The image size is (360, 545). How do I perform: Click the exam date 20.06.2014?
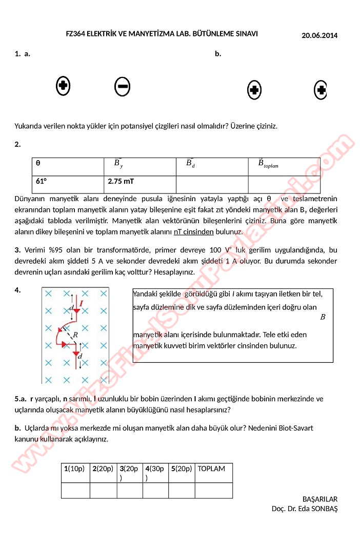[x=319, y=35]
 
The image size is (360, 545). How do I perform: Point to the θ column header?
[x=38, y=163]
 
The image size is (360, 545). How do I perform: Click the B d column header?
[x=190, y=164]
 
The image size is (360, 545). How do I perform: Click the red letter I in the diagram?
[x=81, y=304]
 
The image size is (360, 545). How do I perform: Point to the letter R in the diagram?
[x=75, y=335]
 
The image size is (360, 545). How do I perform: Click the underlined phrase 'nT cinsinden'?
[x=194, y=231]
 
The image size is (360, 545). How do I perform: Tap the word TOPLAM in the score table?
[x=211, y=469]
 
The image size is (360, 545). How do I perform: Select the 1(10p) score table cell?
[x=74, y=469]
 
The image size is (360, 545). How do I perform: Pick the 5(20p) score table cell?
[x=182, y=469]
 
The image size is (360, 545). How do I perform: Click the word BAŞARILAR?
[x=320, y=499]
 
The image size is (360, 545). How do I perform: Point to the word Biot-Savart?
[x=295, y=427]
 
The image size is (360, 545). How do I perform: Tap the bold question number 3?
[x=17, y=250]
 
